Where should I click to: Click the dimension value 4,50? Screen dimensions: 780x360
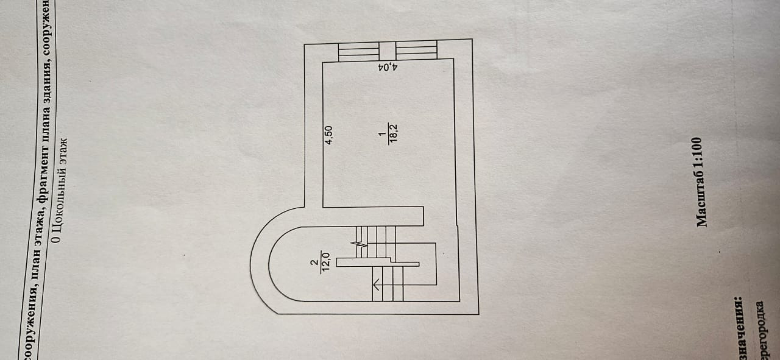(x=328, y=135)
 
